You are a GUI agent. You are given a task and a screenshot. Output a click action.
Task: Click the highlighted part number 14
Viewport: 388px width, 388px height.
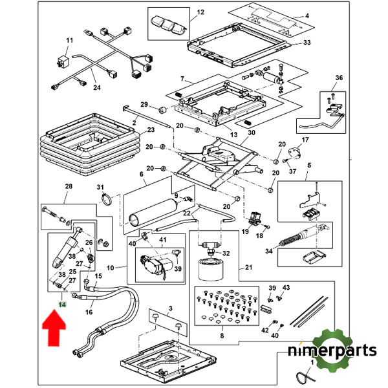(61, 303)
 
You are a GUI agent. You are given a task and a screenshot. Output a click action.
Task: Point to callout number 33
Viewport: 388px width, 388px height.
(306, 43)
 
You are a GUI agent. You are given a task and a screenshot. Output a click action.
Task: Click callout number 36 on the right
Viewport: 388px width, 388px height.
(339, 78)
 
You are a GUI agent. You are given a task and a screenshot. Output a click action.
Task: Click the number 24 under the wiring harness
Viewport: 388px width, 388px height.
(96, 88)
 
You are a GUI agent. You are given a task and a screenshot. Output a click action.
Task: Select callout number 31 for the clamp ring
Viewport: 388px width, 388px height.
(101, 188)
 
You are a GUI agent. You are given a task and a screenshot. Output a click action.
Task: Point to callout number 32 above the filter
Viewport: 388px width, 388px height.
(226, 253)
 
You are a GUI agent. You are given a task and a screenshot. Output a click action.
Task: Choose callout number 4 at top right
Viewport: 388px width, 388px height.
(307, 15)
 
